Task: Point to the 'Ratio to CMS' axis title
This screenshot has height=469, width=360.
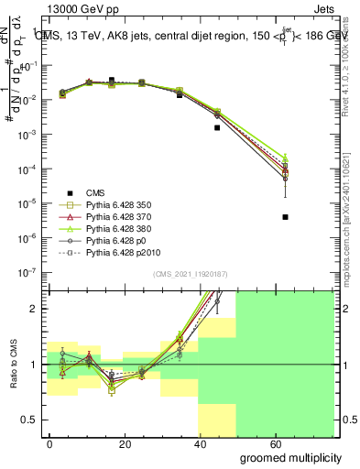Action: click(x=12, y=365)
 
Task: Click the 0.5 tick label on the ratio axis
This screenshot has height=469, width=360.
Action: click(x=30, y=420)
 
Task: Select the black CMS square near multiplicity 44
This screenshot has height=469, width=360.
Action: click(x=217, y=128)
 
